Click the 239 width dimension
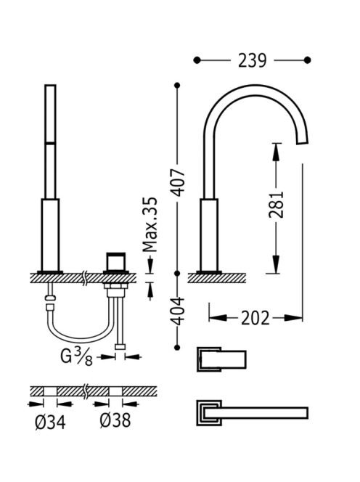252,60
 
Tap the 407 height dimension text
179,182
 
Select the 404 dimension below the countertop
178,311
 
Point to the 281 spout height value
276,205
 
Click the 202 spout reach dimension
255,318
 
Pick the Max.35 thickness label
150,224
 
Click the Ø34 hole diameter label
50,422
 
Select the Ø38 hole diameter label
115,420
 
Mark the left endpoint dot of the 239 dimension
197,60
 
